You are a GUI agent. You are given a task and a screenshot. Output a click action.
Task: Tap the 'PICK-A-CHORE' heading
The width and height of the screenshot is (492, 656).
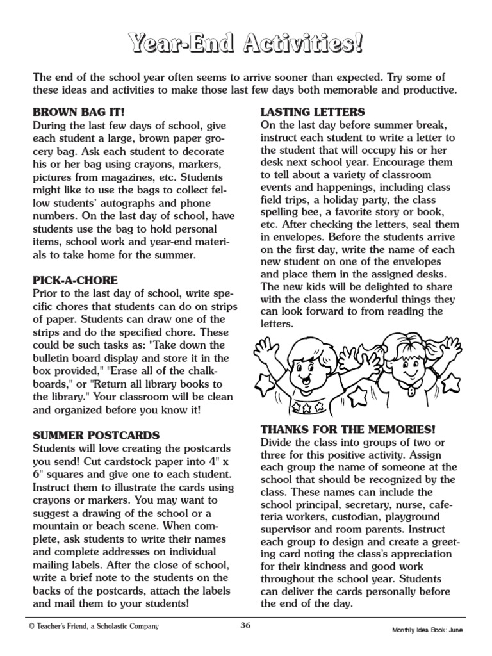click(x=75, y=280)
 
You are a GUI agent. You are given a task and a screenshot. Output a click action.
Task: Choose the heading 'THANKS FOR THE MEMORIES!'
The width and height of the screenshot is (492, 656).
click(x=348, y=429)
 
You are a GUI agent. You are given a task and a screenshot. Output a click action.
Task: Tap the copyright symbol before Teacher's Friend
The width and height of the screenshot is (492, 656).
click(x=31, y=627)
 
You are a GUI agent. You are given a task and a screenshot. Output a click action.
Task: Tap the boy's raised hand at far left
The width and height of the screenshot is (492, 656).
click(x=267, y=349)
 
